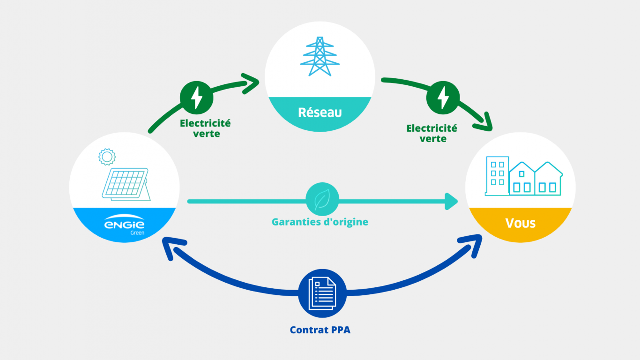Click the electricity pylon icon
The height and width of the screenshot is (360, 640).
(320, 56)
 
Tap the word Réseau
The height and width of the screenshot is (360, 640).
(320, 112)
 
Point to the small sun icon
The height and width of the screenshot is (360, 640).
(107, 156)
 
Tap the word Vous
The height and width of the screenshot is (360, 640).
(520, 223)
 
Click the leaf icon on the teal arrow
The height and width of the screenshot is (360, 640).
(322, 201)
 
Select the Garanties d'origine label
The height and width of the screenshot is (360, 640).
(320, 222)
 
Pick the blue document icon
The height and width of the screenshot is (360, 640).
(322, 293)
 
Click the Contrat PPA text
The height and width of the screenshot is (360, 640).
(320, 330)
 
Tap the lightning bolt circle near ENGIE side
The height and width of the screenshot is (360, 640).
(197, 98)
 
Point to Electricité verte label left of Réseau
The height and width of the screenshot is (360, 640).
(206, 128)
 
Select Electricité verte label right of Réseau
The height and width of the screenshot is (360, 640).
(432, 133)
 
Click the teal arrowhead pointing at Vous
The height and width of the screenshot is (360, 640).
(452, 201)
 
